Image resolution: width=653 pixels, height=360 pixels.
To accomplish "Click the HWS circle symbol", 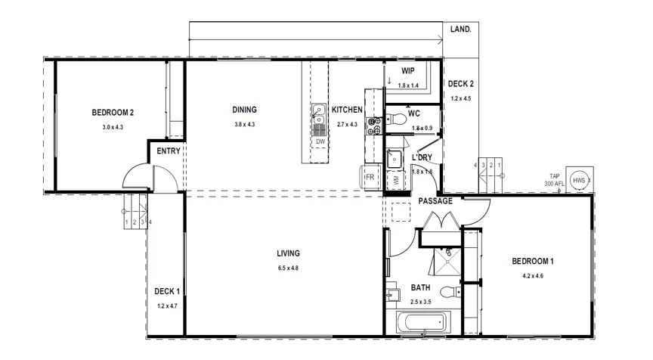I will pos(579,181).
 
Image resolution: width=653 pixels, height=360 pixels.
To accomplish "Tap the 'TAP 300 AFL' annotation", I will pos(556,181).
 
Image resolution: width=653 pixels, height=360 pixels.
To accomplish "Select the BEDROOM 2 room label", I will pos(113,113).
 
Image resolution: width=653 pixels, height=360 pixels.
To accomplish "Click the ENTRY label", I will pos(168,151).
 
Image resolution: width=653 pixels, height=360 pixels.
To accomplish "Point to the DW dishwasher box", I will pos(320,141).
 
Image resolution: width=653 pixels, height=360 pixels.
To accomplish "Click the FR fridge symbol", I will pos(370,177).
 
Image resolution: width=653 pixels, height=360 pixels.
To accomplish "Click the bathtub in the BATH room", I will pos(420,324).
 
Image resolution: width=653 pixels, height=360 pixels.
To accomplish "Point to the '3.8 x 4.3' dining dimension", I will pos(244,124).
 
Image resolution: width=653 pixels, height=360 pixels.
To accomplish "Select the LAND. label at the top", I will pos(460,29).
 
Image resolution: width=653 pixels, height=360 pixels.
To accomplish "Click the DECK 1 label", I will pos(167,291).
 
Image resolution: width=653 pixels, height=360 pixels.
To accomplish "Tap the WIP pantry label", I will pos(408,70).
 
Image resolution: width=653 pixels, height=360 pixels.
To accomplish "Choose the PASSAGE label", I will pos(435,201).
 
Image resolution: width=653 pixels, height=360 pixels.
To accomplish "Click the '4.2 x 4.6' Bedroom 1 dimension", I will pos(533,276).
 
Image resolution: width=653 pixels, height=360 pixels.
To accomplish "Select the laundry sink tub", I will pos(394,158).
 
